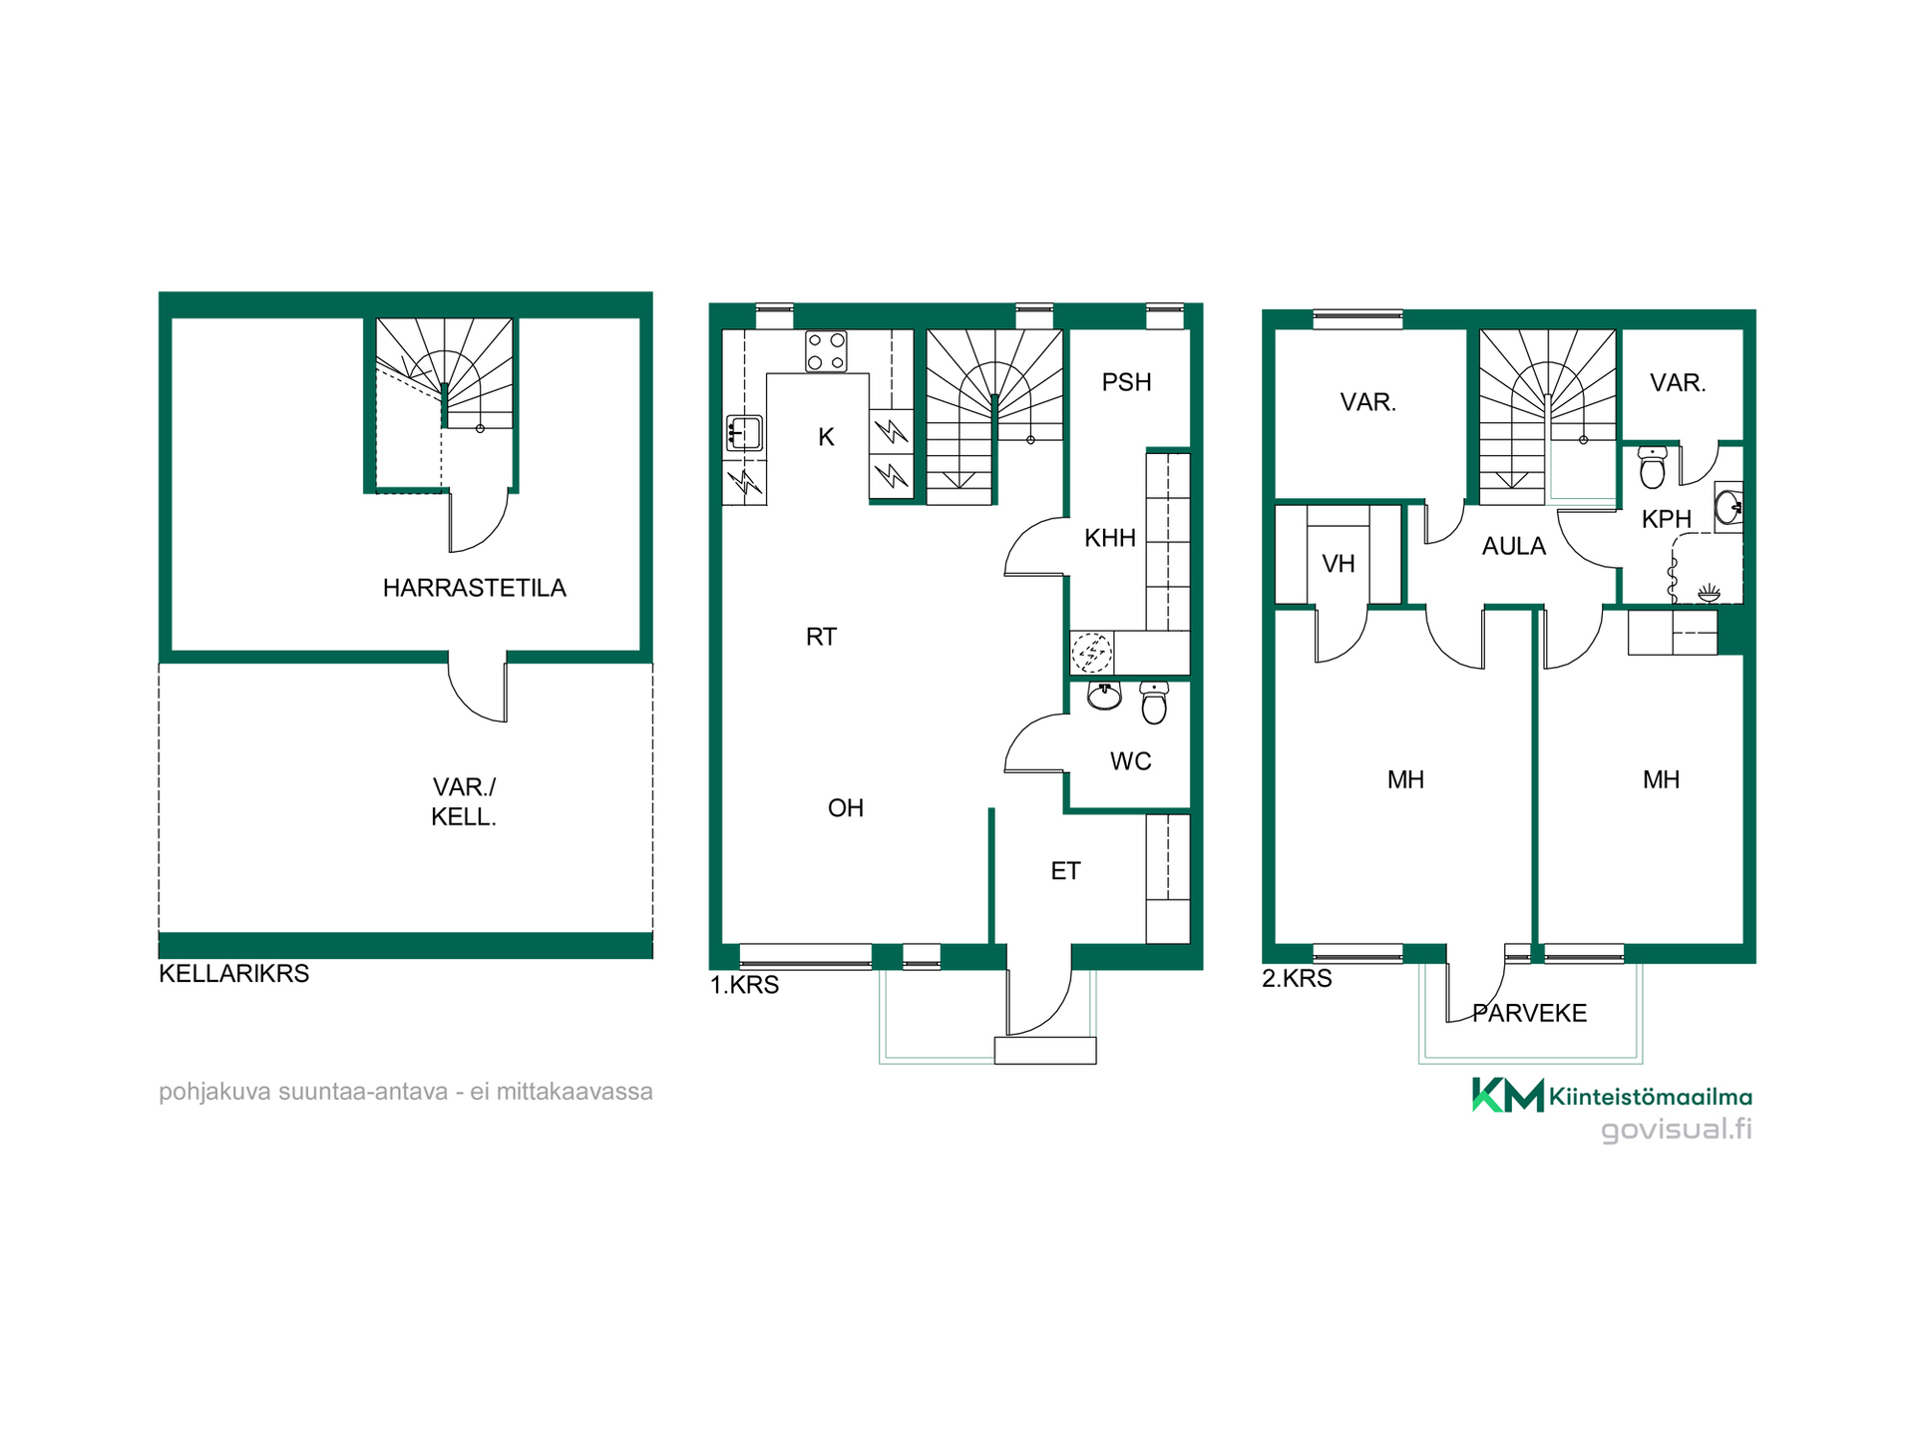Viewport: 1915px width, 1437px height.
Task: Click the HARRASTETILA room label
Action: pos(474,588)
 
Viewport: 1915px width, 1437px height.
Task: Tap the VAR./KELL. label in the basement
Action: pos(464,801)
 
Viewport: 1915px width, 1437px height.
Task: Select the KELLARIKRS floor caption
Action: pos(234,973)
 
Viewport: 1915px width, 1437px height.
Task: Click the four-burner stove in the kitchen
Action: pos(826,351)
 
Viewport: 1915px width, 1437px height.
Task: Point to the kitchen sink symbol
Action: pos(744,434)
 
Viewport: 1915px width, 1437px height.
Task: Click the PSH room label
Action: pos(1127,382)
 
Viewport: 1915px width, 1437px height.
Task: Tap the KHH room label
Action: pos(1110,538)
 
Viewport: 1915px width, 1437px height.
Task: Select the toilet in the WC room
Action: pos(1154,703)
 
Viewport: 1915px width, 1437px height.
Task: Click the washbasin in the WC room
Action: pos(1104,695)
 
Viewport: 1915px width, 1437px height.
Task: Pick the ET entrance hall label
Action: pos(1065,871)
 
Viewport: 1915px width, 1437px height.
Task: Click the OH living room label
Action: pos(846,808)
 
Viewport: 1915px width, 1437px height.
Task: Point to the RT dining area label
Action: pos(821,637)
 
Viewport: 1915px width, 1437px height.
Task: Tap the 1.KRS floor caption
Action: pos(744,985)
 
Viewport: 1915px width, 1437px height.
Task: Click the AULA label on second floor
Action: pos(1514,546)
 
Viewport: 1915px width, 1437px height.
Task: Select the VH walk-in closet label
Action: pos(1339,564)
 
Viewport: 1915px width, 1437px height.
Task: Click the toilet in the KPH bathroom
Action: pos(1653,467)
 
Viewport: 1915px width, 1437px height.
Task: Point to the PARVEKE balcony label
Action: pos(1530,1014)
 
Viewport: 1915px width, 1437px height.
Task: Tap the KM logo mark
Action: pos(1508,1095)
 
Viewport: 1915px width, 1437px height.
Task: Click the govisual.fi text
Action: pos(1677,1130)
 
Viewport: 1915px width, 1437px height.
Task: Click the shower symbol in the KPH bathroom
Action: pos(1710,594)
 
